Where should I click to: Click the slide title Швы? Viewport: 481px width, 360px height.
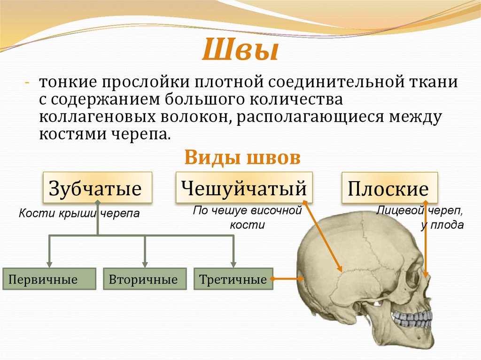click(240, 50)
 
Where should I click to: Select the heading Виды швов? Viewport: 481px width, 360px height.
click(242, 158)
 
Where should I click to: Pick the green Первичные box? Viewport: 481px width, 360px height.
click(49, 280)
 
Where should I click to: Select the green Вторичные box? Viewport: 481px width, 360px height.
click(143, 280)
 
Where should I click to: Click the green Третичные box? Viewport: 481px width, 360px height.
click(233, 280)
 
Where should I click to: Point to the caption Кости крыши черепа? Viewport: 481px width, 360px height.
click(79, 214)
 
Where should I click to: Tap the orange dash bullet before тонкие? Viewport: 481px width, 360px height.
click(27, 84)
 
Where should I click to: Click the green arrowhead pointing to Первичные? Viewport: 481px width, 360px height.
click(50, 264)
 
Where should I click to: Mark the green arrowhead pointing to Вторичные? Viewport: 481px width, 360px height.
click(145, 264)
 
